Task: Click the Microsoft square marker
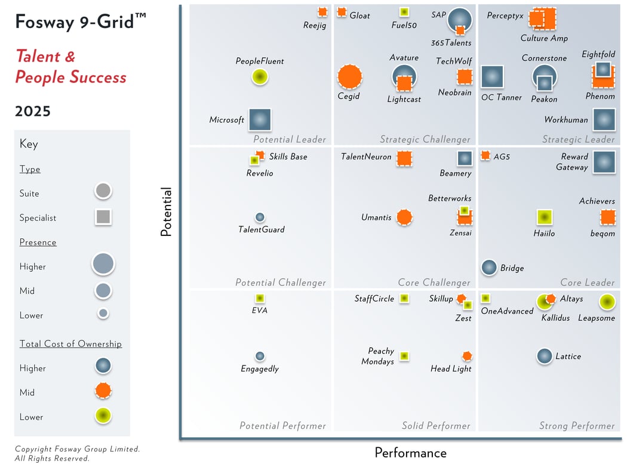[x=259, y=119]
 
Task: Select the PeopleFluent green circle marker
[x=259, y=76]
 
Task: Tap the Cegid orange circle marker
[x=349, y=76]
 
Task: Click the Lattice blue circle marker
[x=544, y=356]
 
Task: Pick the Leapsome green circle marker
[x=607, y=303]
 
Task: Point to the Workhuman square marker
[x=604, y=119]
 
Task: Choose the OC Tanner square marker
[x=491, y=76]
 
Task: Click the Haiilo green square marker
[x=544, y=217]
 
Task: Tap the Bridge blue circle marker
[x=489, y=268]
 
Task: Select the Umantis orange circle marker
[x=404, y=217]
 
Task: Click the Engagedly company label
[x=260, y=369]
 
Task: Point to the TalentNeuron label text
[x=366, y=157]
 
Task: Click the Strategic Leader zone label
[x=578, y=140]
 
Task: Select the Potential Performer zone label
[x=282, y=426]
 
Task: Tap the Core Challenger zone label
[x=434, y=282]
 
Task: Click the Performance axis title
[x=410, y=453]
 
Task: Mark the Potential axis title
[x=167, y=212]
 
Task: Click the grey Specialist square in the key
[x=103, y=217]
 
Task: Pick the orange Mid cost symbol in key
[x=103, y=391]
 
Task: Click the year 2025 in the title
[x=33, y=112]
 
